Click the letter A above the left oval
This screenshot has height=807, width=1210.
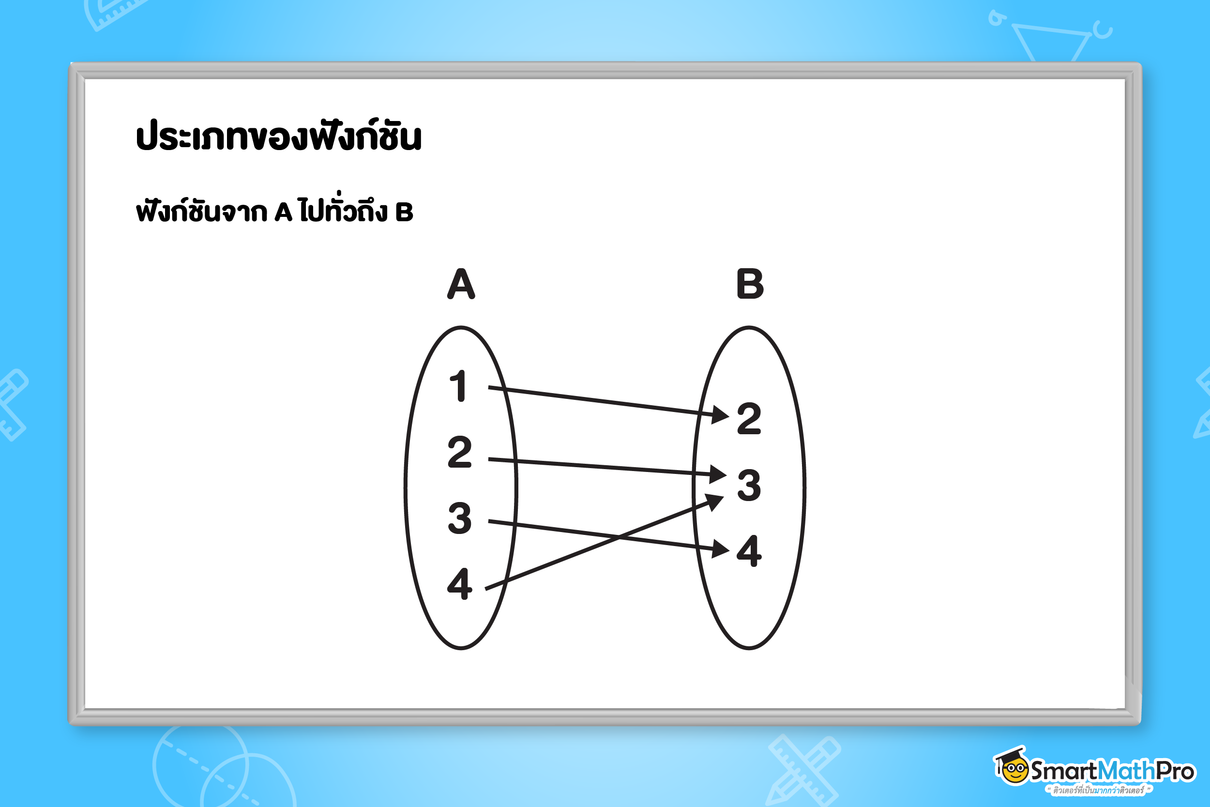coord(461,284)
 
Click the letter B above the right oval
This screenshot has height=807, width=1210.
coord(750,284)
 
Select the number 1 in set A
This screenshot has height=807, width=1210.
coord(459,385)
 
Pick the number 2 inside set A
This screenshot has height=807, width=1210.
coord(459,452)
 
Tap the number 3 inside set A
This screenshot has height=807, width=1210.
coord(459,518)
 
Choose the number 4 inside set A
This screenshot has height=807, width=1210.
coord(459,584)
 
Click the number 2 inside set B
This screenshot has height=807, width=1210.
coord(749,418)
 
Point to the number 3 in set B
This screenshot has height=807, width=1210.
coord(749,485)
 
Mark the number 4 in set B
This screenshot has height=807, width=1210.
coord(749,551)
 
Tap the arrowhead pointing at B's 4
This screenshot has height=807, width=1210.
coord(721,549)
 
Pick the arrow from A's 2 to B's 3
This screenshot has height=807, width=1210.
coord(607,466)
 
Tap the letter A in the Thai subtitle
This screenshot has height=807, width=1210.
coord(284,212)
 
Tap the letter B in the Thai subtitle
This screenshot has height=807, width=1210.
coord(404,212)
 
